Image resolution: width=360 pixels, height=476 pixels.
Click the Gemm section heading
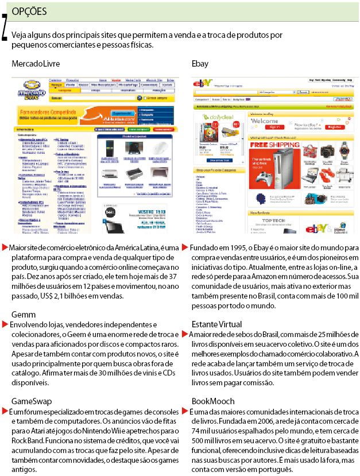pos(23,315)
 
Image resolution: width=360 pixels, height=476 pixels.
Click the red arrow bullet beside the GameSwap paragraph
pos(5,411)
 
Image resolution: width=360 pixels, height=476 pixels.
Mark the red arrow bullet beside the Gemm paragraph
pos(5,325)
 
